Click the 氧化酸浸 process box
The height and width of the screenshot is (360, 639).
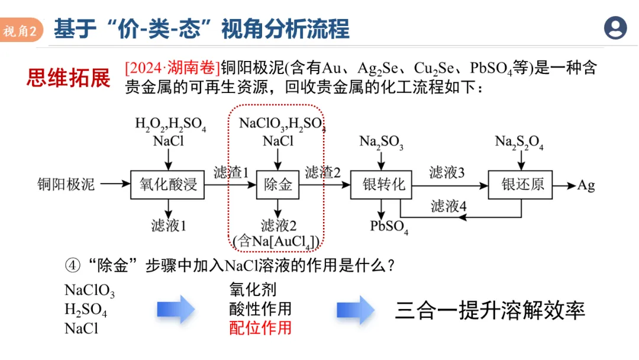coord(167,184)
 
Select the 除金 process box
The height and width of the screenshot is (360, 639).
coord(277,184)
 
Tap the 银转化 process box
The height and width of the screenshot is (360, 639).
coord(382,184)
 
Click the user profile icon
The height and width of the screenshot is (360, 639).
coord(615,27)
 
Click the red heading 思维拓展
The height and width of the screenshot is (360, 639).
coord(69,78)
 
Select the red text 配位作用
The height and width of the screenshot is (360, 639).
coord(260,327)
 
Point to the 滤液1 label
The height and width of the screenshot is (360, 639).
coord(169,225)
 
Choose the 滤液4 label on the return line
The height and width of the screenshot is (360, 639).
coord(448,206)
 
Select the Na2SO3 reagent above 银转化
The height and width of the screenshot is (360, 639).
coord(382,143)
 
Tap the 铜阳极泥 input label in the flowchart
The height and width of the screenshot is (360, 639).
coord(66,184)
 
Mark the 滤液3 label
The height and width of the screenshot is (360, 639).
coord(447,172)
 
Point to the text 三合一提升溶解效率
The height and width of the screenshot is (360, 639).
coord(490,310)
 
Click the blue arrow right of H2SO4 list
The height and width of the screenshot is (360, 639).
coord(175,310)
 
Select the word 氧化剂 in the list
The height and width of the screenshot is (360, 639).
coord(253,290)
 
